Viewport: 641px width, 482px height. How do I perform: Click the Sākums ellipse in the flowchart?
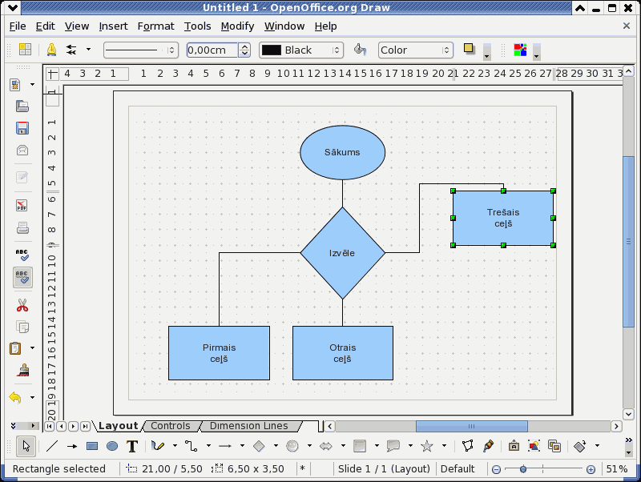click(343, 152)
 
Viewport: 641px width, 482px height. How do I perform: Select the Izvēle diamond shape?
click(343, 253)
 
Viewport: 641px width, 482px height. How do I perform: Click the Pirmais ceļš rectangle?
click(219, 353)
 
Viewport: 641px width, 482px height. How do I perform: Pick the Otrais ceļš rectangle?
click(343, 353)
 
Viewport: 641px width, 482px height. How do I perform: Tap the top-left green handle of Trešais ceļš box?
click(453, 191)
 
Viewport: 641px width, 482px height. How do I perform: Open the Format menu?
click(155, 26)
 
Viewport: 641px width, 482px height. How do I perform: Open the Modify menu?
click(237, 26)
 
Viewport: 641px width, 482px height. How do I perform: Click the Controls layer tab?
click(171, 426)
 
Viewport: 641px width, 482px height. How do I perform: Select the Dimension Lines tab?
click(248, 426)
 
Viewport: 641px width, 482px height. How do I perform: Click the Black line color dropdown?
click(301, 50)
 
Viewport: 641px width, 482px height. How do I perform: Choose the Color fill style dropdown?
click(415, 50)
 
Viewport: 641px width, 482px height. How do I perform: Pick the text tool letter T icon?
click(132, 446)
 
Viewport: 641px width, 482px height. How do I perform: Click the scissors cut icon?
click(22, 305)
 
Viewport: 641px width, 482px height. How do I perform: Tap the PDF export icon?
click(22, 205)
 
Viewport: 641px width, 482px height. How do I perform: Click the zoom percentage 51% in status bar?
click(616, 469)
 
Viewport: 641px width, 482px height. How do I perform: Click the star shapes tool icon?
click(427, 446)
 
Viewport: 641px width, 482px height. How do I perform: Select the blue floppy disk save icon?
click(22, 128)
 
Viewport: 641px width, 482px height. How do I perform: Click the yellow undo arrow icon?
click(15, 397)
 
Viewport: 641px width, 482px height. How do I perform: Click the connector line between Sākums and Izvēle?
click(343, 193)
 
